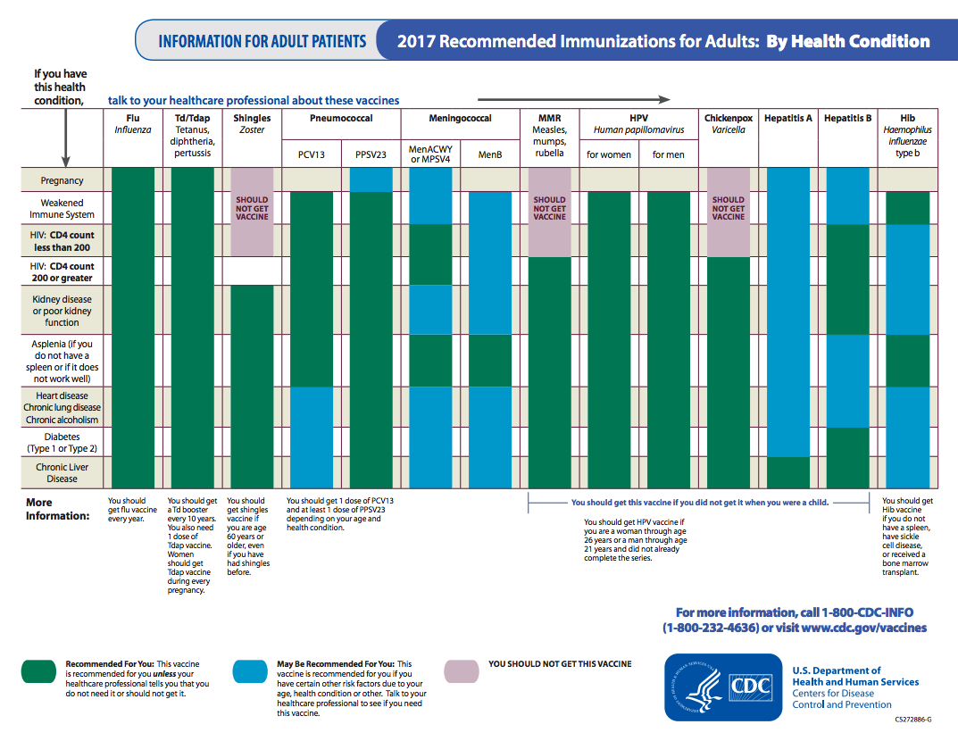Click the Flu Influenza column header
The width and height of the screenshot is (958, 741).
[133, 123]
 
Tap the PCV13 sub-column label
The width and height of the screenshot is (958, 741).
[312, 154]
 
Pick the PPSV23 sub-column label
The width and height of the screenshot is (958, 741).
[371, 154]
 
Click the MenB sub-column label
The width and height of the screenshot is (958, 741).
[490, 154]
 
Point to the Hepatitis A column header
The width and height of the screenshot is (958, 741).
[788, 118]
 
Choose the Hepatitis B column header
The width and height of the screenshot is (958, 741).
[847, 118]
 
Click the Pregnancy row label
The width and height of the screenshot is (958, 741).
[62, 180]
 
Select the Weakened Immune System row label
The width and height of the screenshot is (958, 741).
[62, 209]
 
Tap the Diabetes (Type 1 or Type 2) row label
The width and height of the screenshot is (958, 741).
[62, 443]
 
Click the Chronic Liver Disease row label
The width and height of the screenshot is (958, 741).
[62, 472]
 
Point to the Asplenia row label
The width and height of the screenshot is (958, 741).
[62, 361]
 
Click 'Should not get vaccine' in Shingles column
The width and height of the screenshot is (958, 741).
[253, 208]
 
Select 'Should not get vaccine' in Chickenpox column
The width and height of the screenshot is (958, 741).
[729, 208]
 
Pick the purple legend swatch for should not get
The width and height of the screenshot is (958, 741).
[462, 671]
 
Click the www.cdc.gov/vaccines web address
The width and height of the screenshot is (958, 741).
[863, 628]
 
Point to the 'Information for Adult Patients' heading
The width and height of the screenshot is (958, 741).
[262, 41]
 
